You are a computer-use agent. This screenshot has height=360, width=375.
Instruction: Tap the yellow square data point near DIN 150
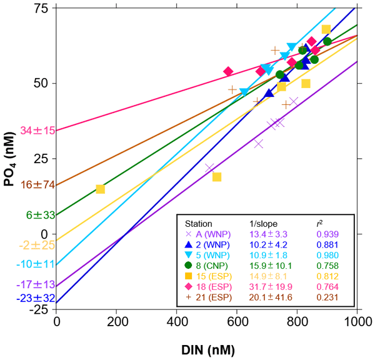[100, 189]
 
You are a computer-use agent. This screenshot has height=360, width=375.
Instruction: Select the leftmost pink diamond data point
[228, 71]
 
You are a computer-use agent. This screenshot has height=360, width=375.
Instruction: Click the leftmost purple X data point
[210, 167]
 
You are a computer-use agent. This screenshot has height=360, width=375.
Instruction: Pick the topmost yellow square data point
[326, 29]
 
